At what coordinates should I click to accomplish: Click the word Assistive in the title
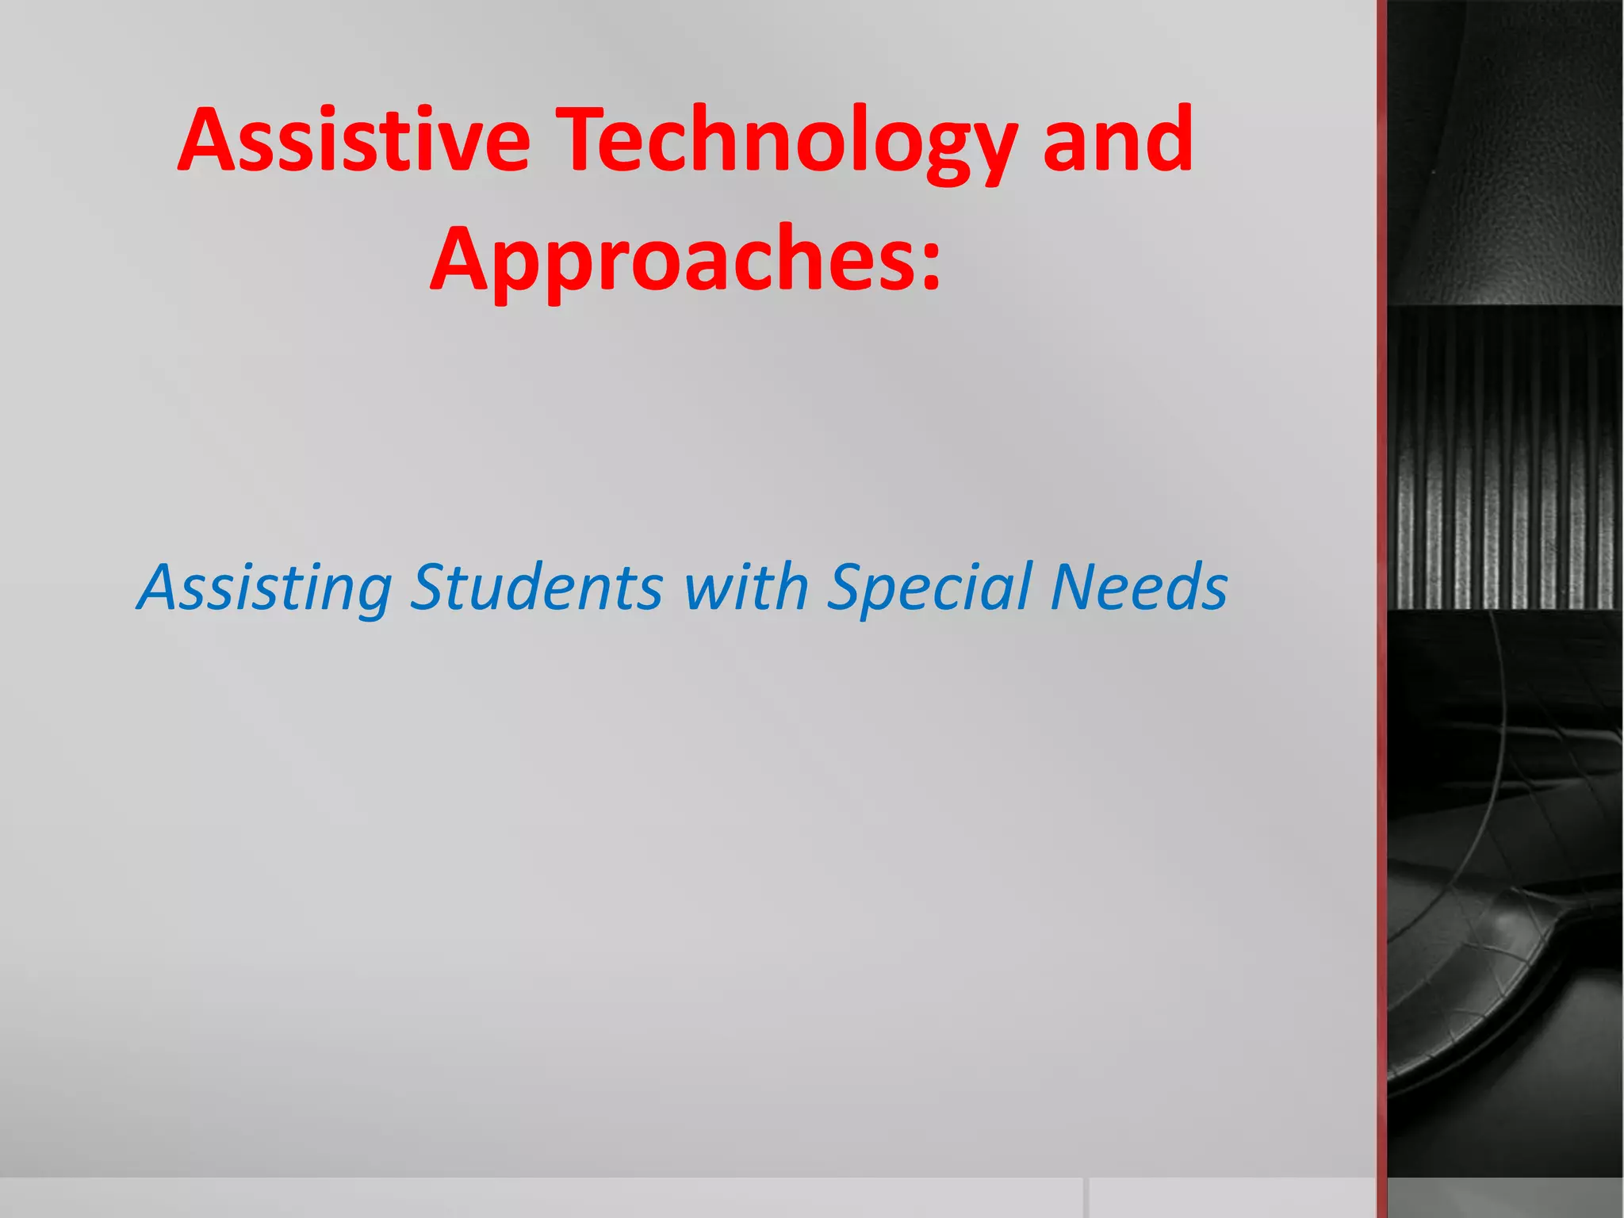[354, 140]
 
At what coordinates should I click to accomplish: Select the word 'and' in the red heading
[1117, 140]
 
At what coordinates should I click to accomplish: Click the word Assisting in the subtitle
[265, 588]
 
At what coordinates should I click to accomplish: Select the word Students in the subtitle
[536, 588]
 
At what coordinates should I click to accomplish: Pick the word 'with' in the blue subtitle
[745, 588]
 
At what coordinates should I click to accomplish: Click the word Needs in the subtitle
[1139, 588]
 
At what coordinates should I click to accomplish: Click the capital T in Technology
[586, 140]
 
